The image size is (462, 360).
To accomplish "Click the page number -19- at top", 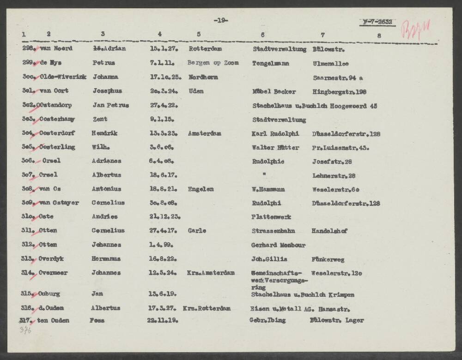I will pyautogui.click(x=221, y=20).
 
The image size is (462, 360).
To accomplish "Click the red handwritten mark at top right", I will pyautogui.click(x=418, y=28).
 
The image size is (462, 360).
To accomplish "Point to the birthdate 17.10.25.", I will pyautogui.click(x=165, y=77).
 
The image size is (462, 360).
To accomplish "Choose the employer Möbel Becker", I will pyautogui.click(x=274, y=91).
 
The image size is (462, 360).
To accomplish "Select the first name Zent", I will pyautogui.click(x=100, y=120).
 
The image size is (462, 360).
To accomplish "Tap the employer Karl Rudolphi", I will pyautogui.click(x=275, y=133).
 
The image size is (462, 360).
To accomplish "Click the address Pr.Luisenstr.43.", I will pyautogui.click(x=340, y=148).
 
